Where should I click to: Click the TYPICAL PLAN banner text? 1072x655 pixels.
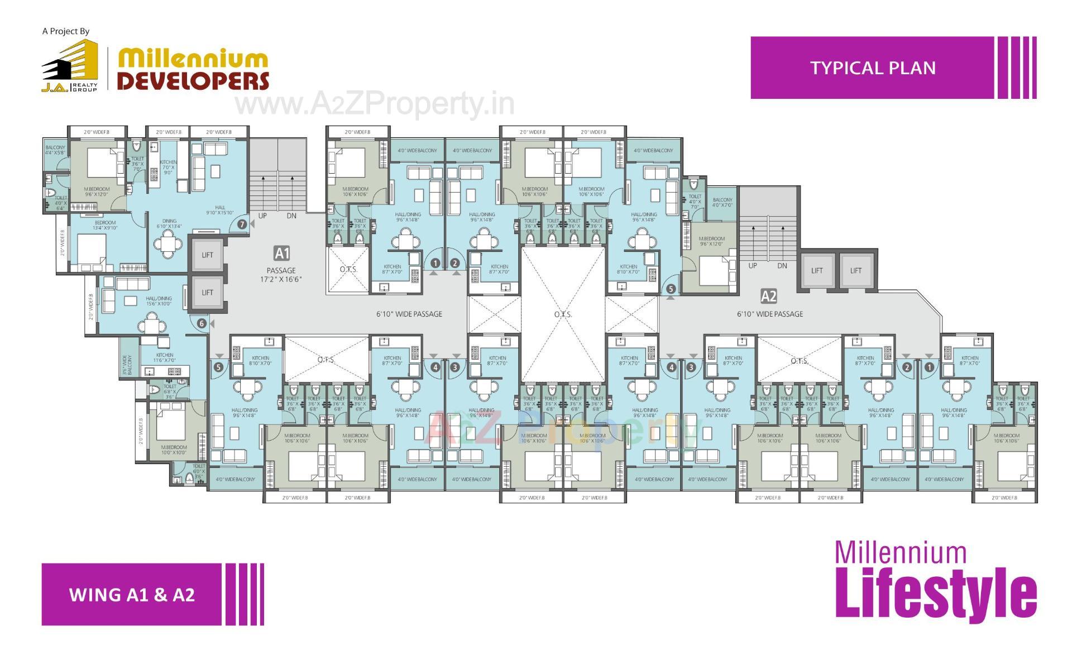click(x=873, y=68)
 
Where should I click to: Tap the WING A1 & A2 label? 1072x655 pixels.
click(x=132, y=594)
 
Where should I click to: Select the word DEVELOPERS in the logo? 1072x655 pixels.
click(x=193, y=80)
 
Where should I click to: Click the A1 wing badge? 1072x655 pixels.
click(x=282, y=254)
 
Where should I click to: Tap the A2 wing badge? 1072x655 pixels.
click(x=768, y=296)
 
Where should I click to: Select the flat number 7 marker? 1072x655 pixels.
click(x=242, y=224)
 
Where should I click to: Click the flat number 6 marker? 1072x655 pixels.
click(x=202, y=323)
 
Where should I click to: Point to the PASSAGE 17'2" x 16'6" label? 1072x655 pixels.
click(x=281, y=275)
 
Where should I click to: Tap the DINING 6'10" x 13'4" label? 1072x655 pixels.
click(x=169, y=223)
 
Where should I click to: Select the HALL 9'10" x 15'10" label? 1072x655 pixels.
click(x=220, y=210)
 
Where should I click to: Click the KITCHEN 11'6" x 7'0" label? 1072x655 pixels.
click(x=165, y=357)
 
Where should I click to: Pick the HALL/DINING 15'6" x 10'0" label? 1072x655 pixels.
click(x=159, y=301)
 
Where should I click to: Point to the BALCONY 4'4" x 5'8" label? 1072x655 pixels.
click(x=55, y=150)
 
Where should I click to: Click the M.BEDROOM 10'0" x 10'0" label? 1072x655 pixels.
click(x=174, y=450)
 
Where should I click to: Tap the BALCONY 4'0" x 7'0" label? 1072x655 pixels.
click(x=722, y=202)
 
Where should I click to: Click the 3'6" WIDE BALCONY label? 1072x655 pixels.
click(x=127, y=365)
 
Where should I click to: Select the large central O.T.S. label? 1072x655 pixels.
click(x=563, y=314)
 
